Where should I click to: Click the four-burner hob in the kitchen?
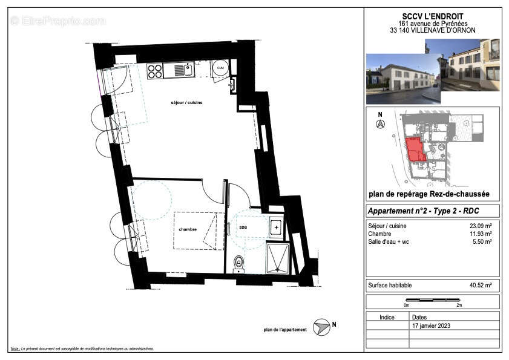coord(155,71)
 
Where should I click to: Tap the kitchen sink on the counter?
coord(183,70)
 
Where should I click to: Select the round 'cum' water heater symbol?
coord(220,68)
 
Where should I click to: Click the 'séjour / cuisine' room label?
coord(186,103)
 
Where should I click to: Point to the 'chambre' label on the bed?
coord(187,229)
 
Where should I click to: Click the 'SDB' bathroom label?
coord(243,227)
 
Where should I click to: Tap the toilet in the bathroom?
coord(239,262)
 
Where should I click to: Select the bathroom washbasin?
coord(276,227)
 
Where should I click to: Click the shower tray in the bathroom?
coord(277,257)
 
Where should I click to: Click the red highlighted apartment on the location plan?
coord(415,149)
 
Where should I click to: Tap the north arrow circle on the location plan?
coord(380,125)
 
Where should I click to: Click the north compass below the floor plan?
coord(321,327)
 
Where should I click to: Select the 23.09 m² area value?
coord(481,226)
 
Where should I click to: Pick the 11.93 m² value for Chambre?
coord(481,234)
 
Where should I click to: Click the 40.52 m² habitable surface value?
coord(481,284)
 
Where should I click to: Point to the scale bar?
coord(432,300)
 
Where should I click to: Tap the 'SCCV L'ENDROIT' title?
coord(432,16)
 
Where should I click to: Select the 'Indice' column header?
coord(387,316)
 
